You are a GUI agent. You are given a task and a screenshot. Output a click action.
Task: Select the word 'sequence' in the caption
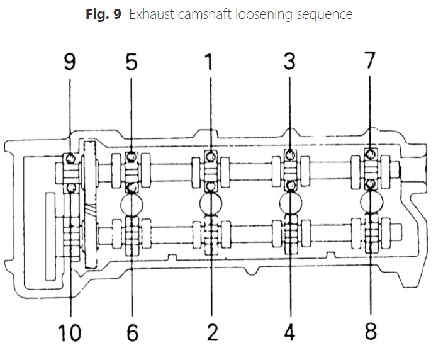(326, 14)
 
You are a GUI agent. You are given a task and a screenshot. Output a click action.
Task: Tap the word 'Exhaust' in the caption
(150, 14)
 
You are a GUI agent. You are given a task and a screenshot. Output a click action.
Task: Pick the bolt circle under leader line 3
(289, 153)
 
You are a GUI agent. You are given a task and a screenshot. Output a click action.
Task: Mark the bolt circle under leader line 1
(210, 154)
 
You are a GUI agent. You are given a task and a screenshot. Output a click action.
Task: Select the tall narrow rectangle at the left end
(51, 237)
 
